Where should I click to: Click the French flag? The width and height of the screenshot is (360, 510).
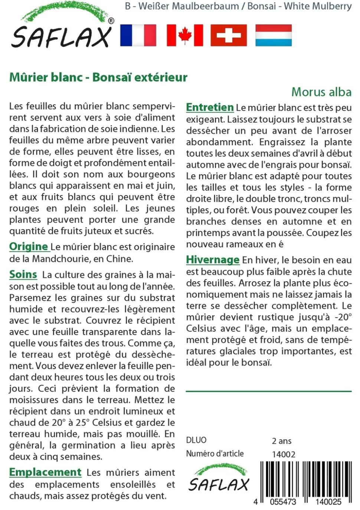[x=138, y=35]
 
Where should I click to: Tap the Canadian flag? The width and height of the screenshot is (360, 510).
[x=185, y=35]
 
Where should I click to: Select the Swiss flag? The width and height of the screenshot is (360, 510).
[x=229, y=35]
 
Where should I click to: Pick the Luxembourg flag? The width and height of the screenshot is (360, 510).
[x=274, y=35]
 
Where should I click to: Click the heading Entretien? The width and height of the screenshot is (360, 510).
[x=210, y=107]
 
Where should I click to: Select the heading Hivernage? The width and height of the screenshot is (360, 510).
[x=213, y=260]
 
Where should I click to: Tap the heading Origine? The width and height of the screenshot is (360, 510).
[x=29, y=247]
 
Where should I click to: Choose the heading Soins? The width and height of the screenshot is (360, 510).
[x=23, y=275]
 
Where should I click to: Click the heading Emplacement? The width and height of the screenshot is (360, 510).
[x=45, y=472]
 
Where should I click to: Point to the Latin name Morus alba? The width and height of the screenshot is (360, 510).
[x=321, y=92]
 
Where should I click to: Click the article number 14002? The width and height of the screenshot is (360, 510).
[x=284, y=454]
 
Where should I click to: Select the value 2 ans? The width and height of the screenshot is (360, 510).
[x=282, y=441]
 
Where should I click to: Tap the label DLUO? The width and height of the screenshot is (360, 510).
[x=196, y=440]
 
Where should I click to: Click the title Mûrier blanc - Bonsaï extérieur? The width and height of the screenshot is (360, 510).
[x=98, y=77]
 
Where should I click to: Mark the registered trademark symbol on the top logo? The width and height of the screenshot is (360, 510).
[x=111, y=21]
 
